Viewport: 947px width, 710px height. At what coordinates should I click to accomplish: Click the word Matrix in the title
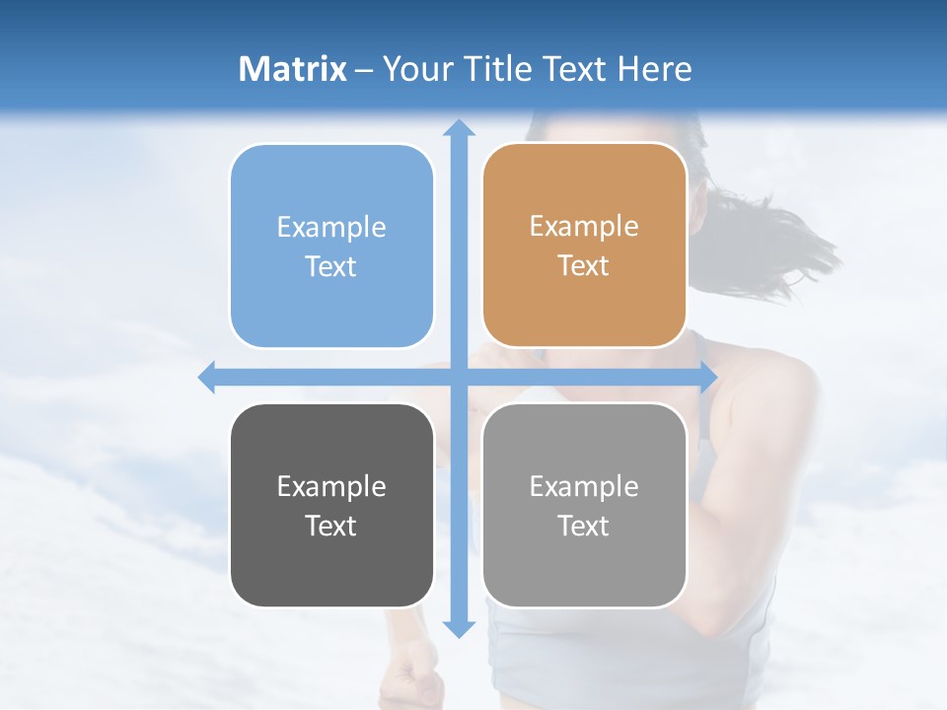click(293, 69)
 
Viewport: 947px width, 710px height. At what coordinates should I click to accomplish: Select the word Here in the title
click(654, 69)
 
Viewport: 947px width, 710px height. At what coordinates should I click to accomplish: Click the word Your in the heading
click(417, 69)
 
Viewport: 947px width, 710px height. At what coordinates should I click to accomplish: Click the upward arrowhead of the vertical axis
click(459, 128)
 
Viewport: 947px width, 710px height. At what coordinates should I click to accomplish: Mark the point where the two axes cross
click(459, 377)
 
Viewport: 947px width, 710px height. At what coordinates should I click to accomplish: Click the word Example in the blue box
click(331, 227)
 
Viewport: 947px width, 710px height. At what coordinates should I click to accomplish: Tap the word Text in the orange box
click(584, 266)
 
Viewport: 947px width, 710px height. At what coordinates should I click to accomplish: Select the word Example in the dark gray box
click(331, 486)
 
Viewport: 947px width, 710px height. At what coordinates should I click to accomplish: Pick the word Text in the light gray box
click(584, 526)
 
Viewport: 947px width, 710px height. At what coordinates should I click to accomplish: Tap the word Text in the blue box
click(331, 266)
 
